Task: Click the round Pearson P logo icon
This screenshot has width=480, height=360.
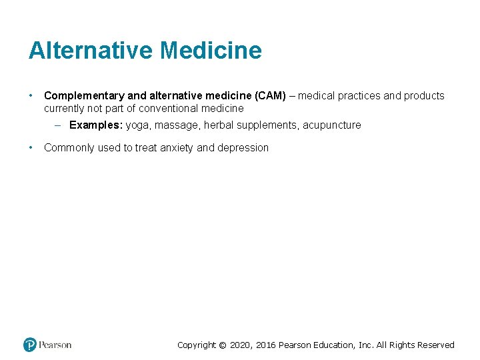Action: [x=30, y=345]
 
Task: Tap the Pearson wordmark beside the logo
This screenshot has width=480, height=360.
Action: [x=55, y=345]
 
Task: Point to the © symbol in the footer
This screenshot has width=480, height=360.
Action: [x=223, y=345]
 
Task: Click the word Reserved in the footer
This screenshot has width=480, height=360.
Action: [x=436, y=345]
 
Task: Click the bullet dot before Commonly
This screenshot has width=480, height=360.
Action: [x=31, y=148]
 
